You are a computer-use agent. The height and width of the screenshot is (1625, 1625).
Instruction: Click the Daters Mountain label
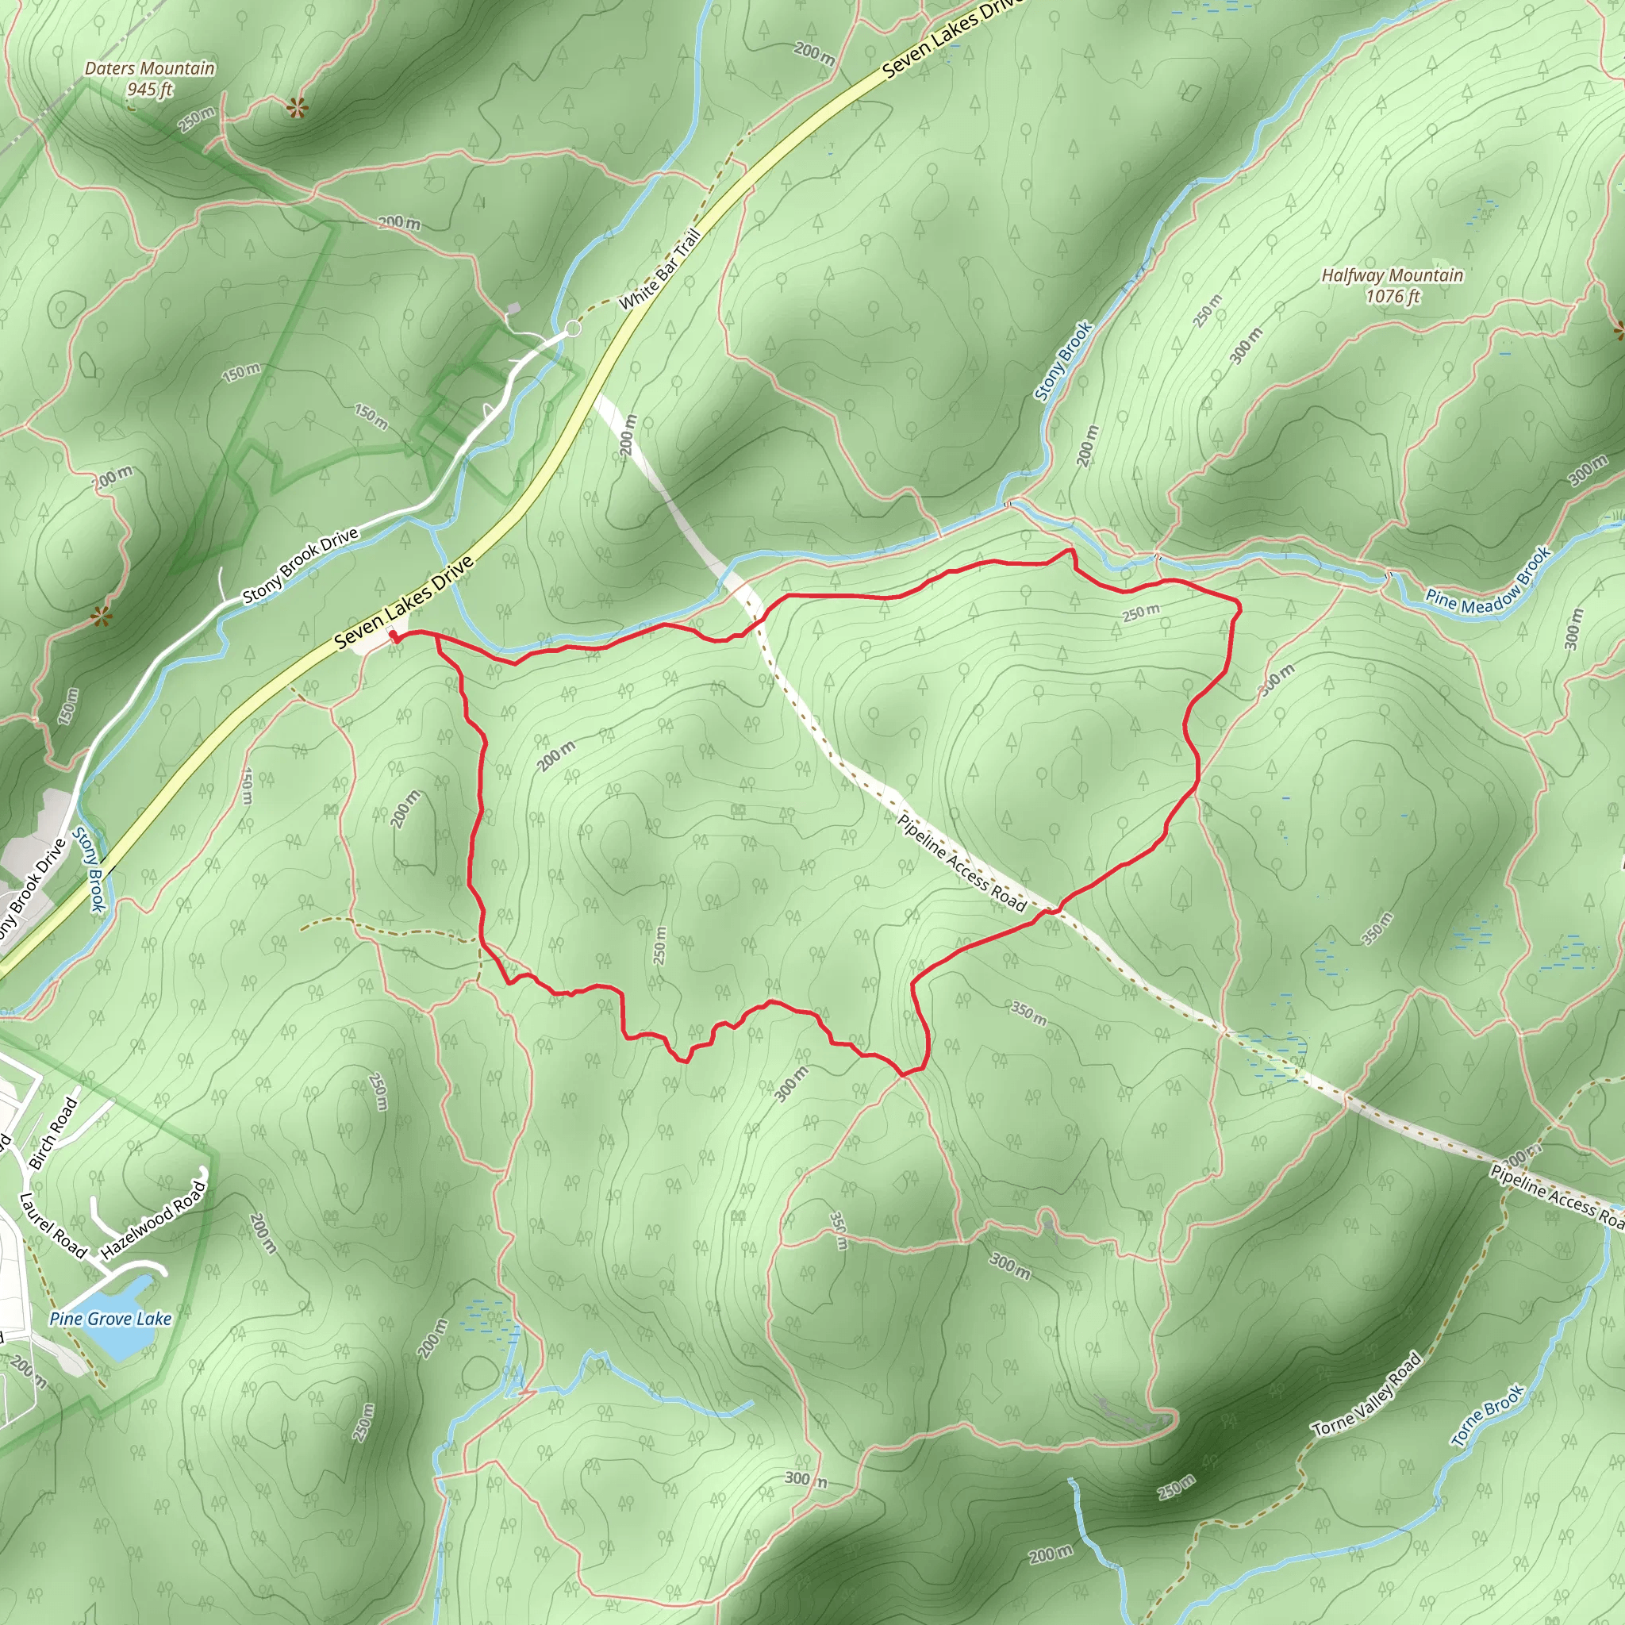click(x=150, y=68)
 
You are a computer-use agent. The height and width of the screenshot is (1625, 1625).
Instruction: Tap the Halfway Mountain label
click(x=1392, y=275)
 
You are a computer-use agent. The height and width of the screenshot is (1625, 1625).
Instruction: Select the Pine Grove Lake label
click(x=110, y=1318)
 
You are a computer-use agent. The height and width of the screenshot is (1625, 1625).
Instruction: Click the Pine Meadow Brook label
click(x=1488, y=583)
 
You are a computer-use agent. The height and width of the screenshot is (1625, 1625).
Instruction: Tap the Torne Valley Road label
click(x=1368, y=1393)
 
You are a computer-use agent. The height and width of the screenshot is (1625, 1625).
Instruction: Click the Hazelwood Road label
click(x=153, y=1220)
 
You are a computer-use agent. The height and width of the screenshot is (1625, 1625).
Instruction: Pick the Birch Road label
click(x=53, y=1133)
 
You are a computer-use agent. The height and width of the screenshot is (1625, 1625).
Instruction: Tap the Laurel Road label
click(x=53, y=1225)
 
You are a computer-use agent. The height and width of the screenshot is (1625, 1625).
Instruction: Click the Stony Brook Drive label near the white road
click(x=300, y=566)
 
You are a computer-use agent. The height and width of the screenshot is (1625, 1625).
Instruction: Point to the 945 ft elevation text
click(x=150, y=89)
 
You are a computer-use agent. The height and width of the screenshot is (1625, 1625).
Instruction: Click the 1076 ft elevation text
click(x=1392, y=296)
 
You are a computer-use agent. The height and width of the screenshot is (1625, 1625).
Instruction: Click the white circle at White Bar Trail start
click(x=573, y=328)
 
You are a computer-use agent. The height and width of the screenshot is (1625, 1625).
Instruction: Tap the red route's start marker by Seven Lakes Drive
click(x=394, y=636)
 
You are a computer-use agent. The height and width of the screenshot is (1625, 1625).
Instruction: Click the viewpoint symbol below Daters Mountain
click(x=295, y=108)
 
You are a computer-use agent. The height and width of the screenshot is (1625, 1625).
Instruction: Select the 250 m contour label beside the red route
click(x=1140, y=613)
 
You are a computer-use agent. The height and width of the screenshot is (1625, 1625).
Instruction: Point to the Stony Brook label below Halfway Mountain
click(x=1063, y=361)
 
